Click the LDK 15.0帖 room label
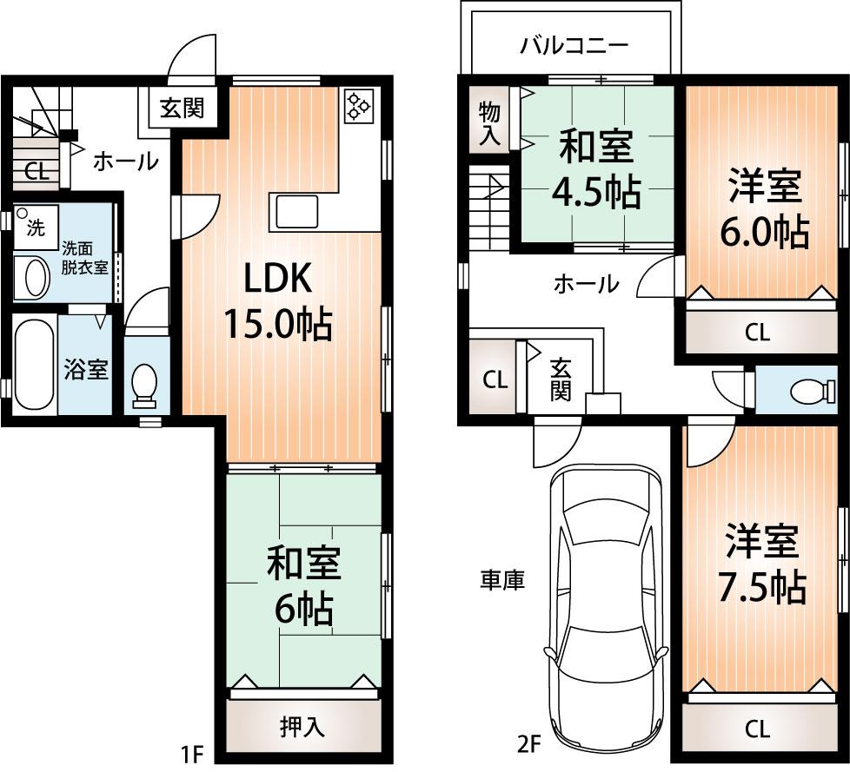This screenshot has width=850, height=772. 277,300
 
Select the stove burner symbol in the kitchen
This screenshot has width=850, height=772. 357,105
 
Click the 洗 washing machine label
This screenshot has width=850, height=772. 34,228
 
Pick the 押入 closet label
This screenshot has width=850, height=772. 303,726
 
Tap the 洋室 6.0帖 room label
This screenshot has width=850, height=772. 765,209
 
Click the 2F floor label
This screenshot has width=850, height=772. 528,744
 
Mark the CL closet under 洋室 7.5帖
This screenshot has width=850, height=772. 758,729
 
